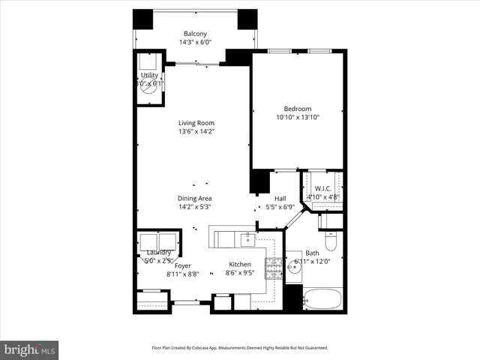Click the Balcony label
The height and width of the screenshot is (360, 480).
(x=196, y=34)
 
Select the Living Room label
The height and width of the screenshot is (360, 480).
(x=196, y=123)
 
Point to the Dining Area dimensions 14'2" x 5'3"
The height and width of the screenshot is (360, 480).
(x=196, y=207)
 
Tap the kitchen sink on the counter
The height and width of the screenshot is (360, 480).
(x=250, y=239)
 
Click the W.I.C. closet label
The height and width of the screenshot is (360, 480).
(x=323, y=188)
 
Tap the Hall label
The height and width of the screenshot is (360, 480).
(x=280, y=198)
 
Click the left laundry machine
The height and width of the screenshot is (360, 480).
(x=148, y=243)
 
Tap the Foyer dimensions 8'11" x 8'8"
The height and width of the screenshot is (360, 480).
(x=182, y=274)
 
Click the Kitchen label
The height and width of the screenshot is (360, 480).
(x=239, y=265)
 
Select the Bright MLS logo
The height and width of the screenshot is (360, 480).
(x=29, y=349)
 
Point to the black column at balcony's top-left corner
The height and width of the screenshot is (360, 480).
(x=142, y=19)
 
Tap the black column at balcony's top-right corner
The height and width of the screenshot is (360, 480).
(x=247, y=19)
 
